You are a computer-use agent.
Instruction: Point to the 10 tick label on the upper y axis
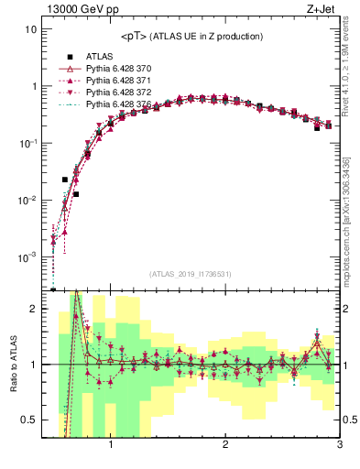point(29,29)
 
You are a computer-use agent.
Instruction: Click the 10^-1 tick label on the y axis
point(27,144)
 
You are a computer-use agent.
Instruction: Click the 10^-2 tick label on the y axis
point(27,201)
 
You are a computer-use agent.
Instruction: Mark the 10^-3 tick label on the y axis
point(27,257)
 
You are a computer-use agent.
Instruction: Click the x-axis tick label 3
point(339,447)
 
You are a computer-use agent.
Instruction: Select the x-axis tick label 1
point(111,447)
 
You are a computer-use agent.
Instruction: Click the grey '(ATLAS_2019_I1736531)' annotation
point(191,274)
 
